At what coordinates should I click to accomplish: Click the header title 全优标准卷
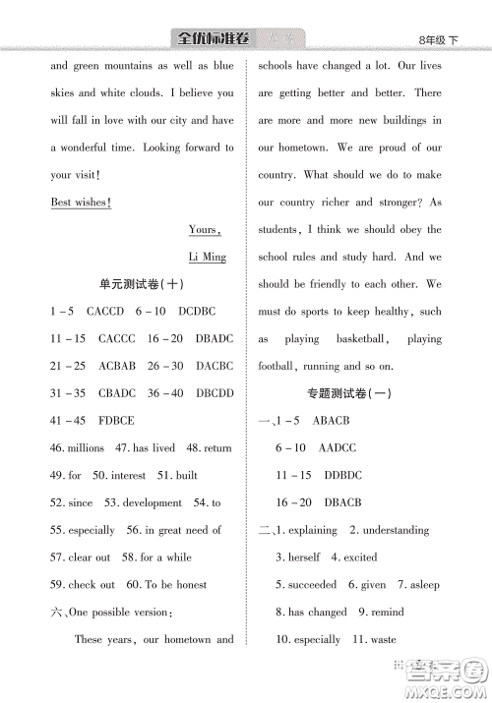(x=211, y=38)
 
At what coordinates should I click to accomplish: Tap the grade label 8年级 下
(x=439, y=40)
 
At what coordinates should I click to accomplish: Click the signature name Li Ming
(x=207, y=258)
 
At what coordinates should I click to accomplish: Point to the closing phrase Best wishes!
(x=80, y=203)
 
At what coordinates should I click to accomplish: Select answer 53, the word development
(x=151, y=502)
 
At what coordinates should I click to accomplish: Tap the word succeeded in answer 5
(x=312, y=584)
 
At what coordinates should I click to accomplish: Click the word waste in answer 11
(x=383, y=639)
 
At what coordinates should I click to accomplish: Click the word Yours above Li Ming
(x=204, y=230)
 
